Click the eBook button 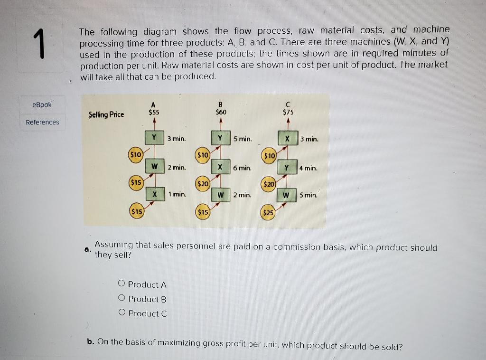(42, 104)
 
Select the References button (42, 122)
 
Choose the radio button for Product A (121, 284)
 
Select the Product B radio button (121, 298)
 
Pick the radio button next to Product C (121, 313)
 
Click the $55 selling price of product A (153, 112)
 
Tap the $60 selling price (221, 112)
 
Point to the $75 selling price (288, 113)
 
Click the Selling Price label (106, 114)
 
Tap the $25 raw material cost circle (268, 213)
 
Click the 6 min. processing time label (242, 168)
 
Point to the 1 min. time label (177, 194)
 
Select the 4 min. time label (308, 168)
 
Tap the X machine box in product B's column (220, 168)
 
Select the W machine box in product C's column (286, 195)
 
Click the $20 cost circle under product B (203, 183)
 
